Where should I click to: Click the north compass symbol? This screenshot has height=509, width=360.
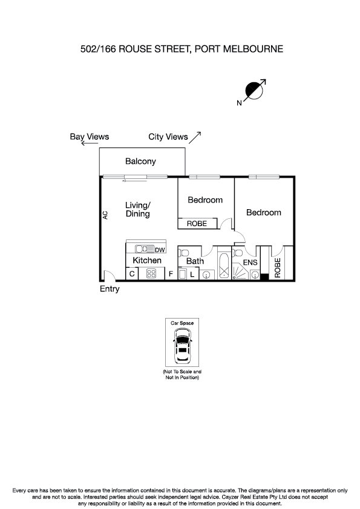[255, 91]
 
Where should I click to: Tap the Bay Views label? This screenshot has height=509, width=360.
[90, 137]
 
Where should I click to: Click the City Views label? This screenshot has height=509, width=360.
[168, 137]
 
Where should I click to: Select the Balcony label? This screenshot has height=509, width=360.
[140, 161]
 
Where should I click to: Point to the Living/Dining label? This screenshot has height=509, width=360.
[137, 209]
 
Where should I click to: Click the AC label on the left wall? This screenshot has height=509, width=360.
[105, 215]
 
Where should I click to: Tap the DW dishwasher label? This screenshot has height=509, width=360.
[160, 250]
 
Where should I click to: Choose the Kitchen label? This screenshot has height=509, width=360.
[147, 261]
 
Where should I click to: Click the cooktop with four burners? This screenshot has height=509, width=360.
[151, 274]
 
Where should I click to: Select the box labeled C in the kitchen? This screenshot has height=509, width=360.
[132, 274]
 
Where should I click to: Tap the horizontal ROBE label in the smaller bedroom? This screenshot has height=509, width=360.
[197, 224]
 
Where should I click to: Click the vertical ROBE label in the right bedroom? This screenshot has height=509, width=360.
[278, 268]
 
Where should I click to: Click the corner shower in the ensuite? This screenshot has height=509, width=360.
[240, 273]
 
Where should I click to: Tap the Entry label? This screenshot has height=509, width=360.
[110, 289]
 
